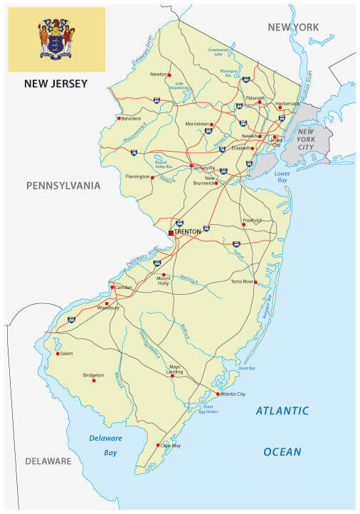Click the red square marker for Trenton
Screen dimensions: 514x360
tap(171, 232)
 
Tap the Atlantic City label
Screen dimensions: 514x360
tap(233, 394)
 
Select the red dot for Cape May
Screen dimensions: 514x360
tap(158, 445)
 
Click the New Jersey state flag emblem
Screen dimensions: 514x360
tap(56, 39)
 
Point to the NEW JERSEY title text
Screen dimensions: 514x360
tap(56, 84)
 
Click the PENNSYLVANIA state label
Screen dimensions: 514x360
tap(63, 186)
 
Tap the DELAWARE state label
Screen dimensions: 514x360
tap(48, 461)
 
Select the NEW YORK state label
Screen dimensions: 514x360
tap(293, 27)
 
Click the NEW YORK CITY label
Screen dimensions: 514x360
tap(305, 137)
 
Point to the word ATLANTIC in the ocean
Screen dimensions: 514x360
tap(282, 411)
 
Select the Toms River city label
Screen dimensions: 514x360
tap(242, 282)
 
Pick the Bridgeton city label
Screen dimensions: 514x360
tap(93, 374)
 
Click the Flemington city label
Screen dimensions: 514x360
tap(137, 177)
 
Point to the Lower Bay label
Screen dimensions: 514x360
tap(282, 176)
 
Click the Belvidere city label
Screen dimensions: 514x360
tap(131, 118)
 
